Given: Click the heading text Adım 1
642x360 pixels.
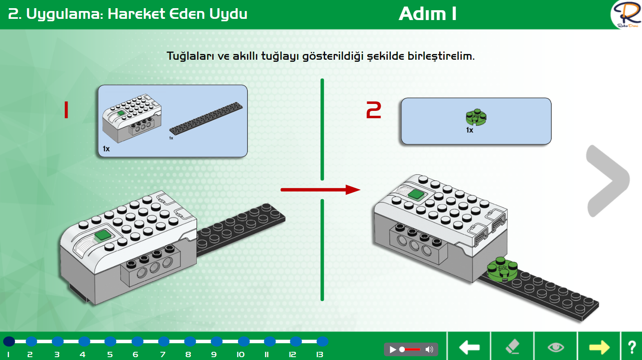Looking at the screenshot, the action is coord(427,14).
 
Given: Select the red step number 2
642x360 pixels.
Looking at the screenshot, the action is coord(374,110).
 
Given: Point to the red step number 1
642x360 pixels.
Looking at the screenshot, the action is coord(66,110).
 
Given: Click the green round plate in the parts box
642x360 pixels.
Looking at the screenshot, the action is coord(476,117).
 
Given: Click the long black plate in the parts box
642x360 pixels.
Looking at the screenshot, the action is coord(206,118).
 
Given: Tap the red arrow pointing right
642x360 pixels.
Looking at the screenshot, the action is coord(321,189).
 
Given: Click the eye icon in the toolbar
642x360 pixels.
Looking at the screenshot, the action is coord(556,347).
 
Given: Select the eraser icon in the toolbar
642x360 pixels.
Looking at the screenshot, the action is coord(512,346).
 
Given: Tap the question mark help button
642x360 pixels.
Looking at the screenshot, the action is coord(632,347).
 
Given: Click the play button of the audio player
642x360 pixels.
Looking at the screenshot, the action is coord(393,349).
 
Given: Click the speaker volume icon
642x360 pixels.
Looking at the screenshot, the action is coord(429,349).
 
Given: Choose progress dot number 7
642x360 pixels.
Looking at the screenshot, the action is coord(164,341).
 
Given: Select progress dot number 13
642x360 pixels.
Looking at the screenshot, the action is coord(323,341).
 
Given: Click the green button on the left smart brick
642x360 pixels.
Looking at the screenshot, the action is coord(103,236).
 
